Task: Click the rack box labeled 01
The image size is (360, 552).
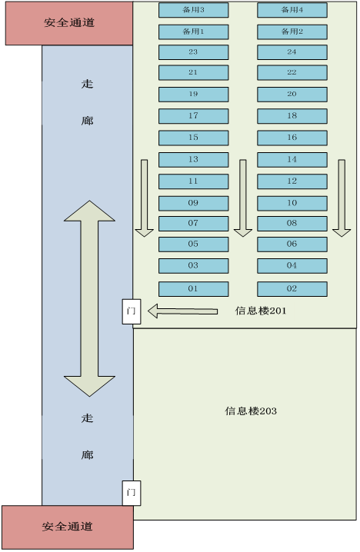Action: pyautogui.click(x=193, y=288)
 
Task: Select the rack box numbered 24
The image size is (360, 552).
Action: pyautogui.click(x=292, y=52)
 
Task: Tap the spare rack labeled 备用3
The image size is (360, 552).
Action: pyautogui.click(x=193, y=10)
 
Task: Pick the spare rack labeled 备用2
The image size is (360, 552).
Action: pyautogui.click(x=292, y=32)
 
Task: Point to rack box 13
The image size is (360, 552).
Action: pyautogui.click(x=193, y=159)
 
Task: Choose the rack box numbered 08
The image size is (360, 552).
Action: pyautogui.click(x=292, y=224)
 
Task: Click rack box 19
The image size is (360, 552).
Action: pyautogui.click(x=193, y=95)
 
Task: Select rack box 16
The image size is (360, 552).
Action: pyautogui.click(x=292, y=138)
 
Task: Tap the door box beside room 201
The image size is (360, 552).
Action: pyautogui.click(x=132, y=311)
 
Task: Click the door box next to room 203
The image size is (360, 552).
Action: pyautogui.click(x=132, y=493)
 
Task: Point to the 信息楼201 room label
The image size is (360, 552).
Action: pyautogui.click(x=261, y=311)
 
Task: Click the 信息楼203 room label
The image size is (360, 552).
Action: pyautogui.click(x=251, y=411)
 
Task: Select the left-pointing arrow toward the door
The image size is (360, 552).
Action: pyautogui.click(x=182, y=311)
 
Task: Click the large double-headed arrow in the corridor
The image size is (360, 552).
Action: pyautogui.click(x=89, y=298)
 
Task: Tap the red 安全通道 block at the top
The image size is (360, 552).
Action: pyautogui.click(x=69, y=23)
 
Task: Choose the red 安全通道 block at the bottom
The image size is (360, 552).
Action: pyautogui.click(x=68, y=527)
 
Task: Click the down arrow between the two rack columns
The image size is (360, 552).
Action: pyautogui.click(x=243, y=198)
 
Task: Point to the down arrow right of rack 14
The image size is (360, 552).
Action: pyautogui.click(x=342, y=198)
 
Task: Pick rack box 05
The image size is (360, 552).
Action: pyautogui.click(x=193, y=244)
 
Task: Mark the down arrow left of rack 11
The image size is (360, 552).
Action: pyautogui.click(x=144, y=198)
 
